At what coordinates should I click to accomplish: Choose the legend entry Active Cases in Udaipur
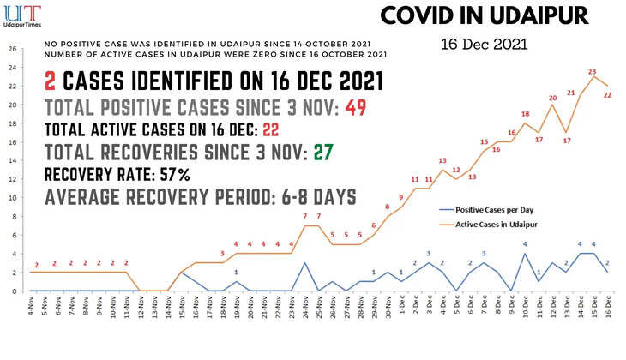tap(498, 225)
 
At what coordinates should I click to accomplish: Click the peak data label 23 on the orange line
tap(593, 72)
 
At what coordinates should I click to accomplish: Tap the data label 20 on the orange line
tap(553, 99)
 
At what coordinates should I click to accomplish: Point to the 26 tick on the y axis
tap(11, 48)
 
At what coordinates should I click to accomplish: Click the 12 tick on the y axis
tap(11, 179)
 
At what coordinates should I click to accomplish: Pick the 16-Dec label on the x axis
tap(606, 304)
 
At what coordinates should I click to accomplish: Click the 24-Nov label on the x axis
tap(306, 305)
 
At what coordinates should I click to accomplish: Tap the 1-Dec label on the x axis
tap(402, 304)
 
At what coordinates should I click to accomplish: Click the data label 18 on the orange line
tap(526, 114)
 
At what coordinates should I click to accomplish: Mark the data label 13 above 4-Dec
tap(442, 161)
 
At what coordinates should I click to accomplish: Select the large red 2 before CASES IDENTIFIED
tap(51, 83)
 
